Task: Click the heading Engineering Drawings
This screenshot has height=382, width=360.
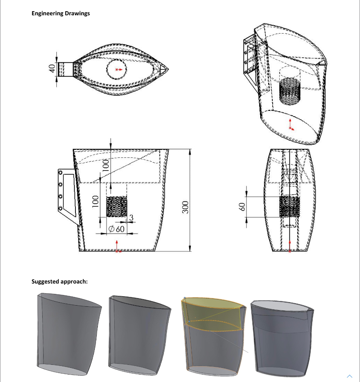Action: click(60, 13)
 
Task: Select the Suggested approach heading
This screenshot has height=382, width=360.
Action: click(60, 281)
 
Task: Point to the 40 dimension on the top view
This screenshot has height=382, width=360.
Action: click(53, 69)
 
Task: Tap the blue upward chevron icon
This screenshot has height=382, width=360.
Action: click(350, 376)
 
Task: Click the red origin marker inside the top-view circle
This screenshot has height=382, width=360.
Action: click(118, 69)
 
